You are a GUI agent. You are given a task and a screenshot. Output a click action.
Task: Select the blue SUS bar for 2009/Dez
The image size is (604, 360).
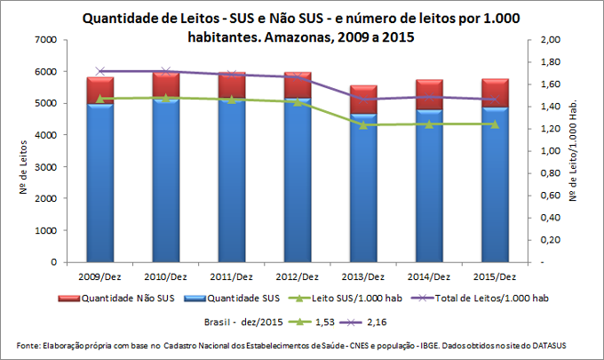click(100, 182)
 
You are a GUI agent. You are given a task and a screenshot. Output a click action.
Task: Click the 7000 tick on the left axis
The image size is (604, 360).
click(45, 40)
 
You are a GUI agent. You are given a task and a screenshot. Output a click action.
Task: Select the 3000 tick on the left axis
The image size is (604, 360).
click(45, 167)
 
